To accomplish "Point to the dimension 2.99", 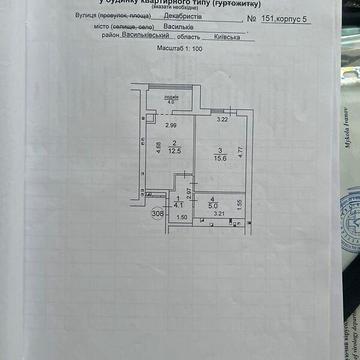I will [x=144, y=125].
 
